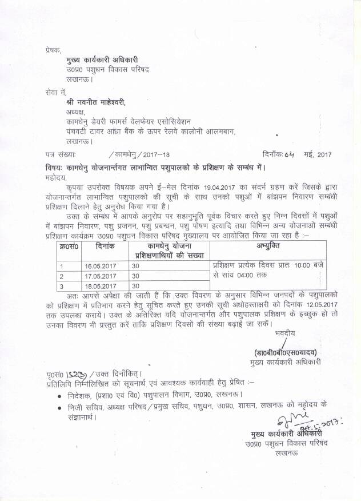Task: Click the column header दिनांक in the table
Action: point(106,245)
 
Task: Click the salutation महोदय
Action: point(57,177)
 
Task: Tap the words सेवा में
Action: point(56,92)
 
